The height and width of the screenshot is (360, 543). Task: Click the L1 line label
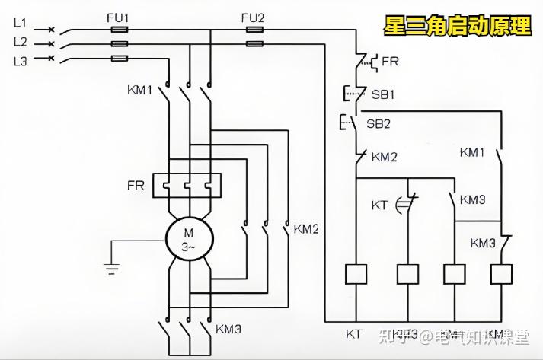(20, 24)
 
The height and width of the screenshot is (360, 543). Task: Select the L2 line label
(20, 41)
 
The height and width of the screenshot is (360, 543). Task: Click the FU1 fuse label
(118, 17)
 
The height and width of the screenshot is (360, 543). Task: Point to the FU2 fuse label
(254, 17)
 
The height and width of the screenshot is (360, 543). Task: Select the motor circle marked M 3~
(187, 241)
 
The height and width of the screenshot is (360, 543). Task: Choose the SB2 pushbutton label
(379, 123)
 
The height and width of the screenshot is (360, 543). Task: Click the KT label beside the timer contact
(379, 205)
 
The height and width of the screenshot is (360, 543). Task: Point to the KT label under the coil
(354, 333)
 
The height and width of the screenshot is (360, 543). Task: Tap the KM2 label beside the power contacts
(306, 228)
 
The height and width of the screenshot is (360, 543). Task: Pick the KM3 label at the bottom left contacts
(228, 330)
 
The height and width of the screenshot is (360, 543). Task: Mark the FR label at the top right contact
(390, 61)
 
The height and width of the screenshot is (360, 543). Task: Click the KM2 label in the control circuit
(385, 157)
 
